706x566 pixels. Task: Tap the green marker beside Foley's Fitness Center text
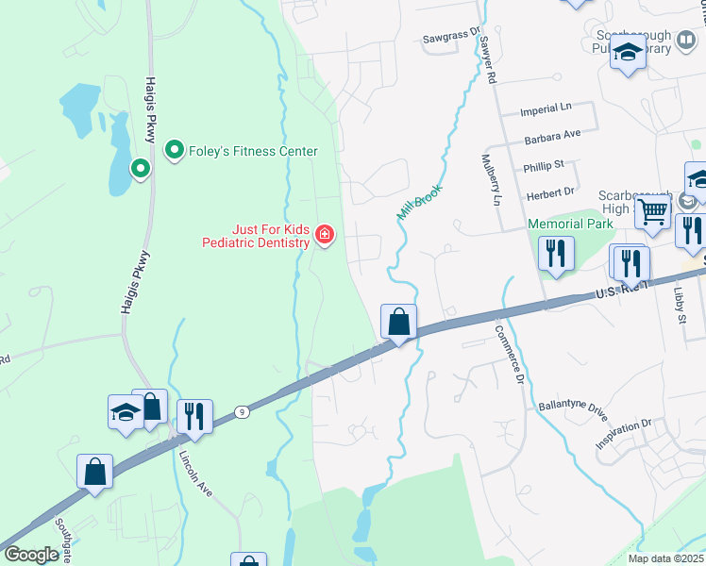point(175,150)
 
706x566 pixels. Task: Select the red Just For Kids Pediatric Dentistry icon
point(325,234)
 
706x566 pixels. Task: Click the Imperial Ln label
point(546,111)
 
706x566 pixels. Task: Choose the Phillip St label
point(543,166)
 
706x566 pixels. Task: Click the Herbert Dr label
point(549,191)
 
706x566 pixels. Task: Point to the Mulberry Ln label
point(491,179)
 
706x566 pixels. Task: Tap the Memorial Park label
point(570,224)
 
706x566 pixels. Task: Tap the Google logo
point(31,555)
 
